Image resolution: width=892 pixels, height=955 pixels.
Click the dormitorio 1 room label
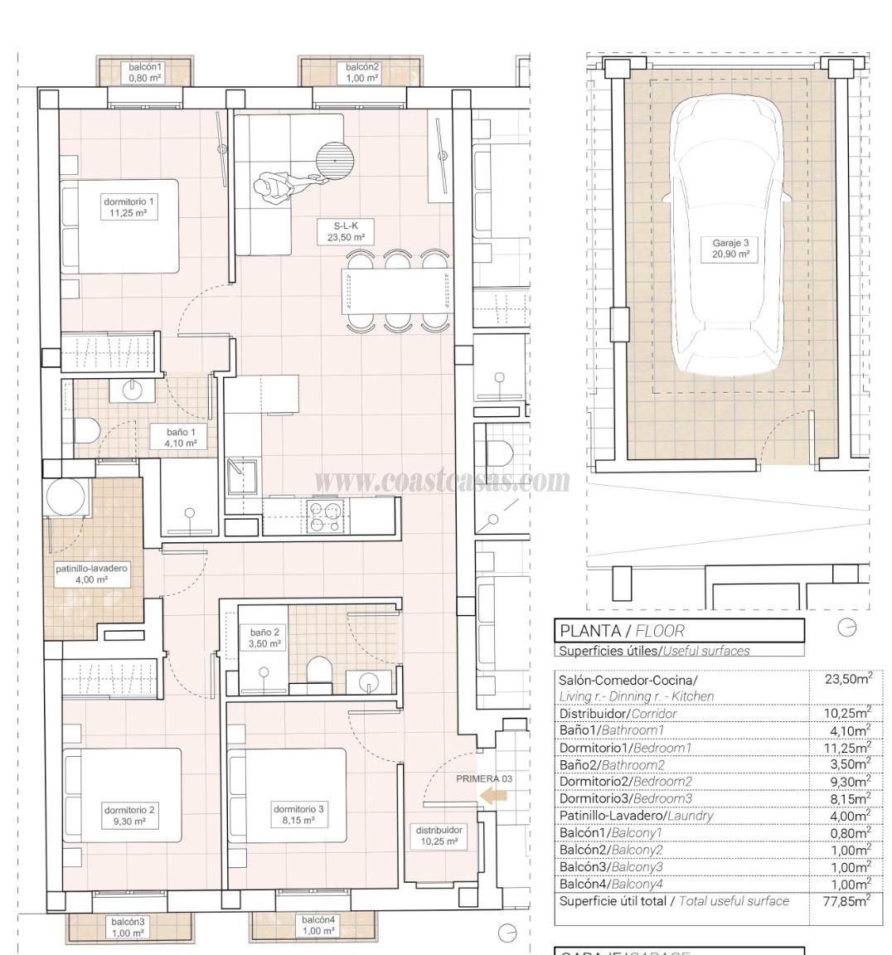click(128, 207)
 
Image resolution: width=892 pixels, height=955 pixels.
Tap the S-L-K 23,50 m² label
click(345, 231)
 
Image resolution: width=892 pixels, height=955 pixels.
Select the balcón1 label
click(145, 72)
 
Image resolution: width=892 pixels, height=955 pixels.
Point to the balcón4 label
click(318, 925)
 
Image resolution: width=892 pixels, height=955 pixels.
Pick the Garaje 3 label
click(730, 249)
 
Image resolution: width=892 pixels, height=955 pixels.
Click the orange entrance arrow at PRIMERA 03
click(494, 796)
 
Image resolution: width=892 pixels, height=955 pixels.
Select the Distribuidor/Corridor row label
click(618, 713)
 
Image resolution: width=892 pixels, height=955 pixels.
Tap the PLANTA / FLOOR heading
click(622, 631)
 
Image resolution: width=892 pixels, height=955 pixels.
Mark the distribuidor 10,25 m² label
click(439, 836)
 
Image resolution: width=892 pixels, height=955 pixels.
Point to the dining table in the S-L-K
click(395, 291)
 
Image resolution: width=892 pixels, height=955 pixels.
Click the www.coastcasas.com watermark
click(442, 480)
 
